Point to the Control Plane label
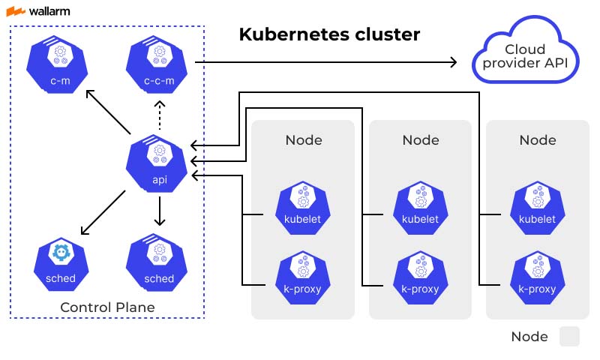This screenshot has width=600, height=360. click(x=107, y=307)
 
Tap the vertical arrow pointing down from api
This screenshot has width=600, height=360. click(x=158, y=211)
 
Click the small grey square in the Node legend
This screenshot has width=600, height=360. click(x=569, y=337)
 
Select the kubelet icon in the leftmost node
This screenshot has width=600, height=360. click(x=303, y=205)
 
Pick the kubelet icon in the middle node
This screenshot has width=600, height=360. click(x=420, y=205)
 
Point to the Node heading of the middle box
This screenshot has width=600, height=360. click(x=420, y=140)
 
